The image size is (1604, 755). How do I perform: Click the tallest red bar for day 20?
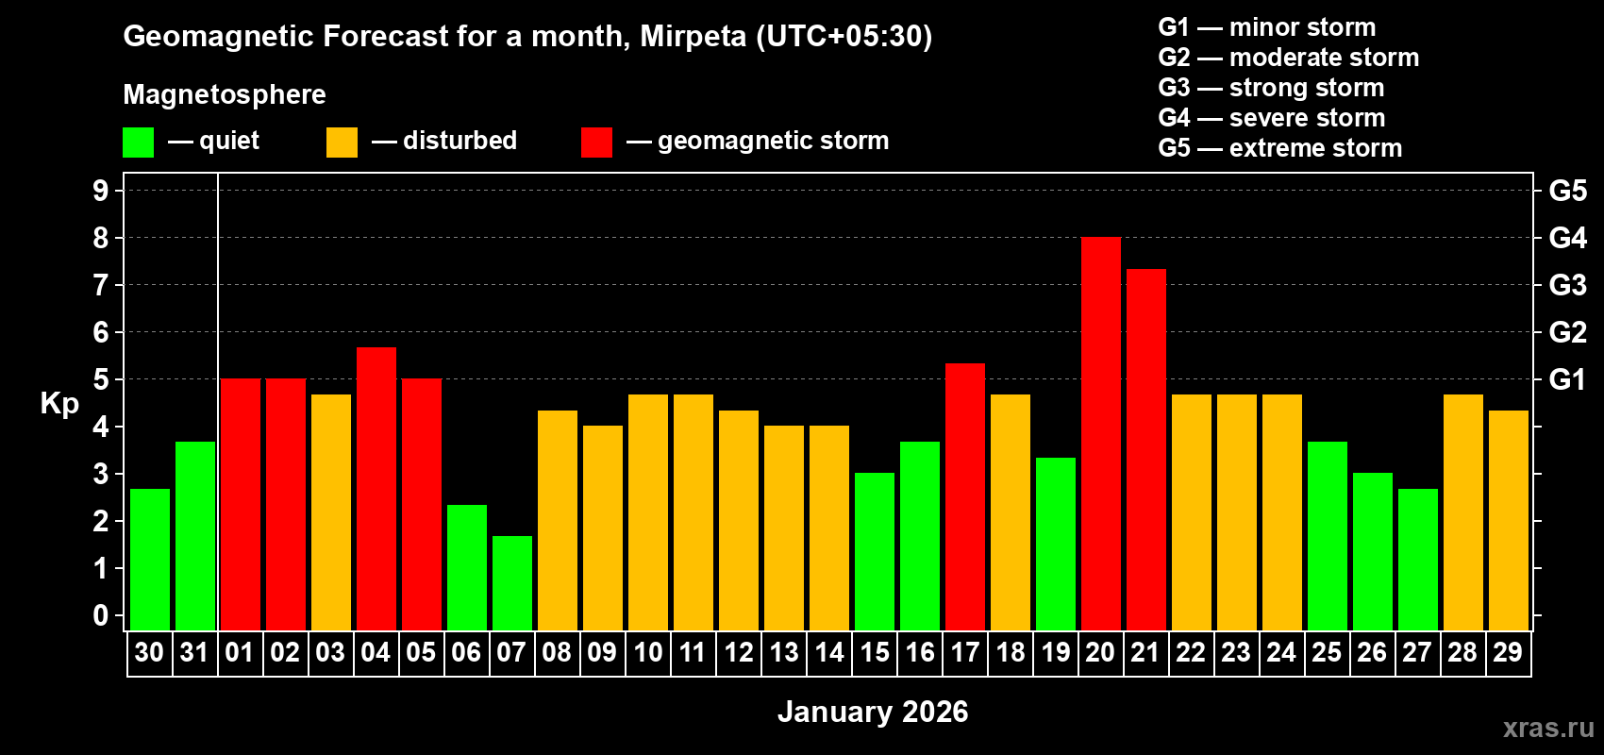tap(1101, 434)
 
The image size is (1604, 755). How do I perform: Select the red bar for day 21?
tap(1146, 450)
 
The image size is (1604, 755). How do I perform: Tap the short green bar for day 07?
tap(512, 583)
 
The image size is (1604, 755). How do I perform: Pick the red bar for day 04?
tap(376, 489)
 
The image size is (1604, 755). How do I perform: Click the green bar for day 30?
tap(150, 560)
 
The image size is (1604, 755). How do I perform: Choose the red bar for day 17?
tap(965, 497)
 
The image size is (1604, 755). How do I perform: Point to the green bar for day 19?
tap(1056, 545)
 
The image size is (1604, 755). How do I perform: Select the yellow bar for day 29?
tap(1509, 521)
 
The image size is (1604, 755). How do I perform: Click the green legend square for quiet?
tap(139, 143)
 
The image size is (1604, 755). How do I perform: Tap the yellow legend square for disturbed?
tap(342, 143)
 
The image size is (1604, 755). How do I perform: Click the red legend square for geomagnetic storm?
tap(596, 143)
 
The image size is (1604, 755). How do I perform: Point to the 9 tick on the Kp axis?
tap(101, 191)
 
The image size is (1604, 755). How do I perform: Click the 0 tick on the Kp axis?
tap(101, 616)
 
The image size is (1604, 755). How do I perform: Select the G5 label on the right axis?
tap(1567, 191)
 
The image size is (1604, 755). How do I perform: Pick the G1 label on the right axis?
tap(1567, 379)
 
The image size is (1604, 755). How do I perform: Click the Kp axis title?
tap(59, 404)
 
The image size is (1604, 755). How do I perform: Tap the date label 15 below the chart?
tap(875, 652)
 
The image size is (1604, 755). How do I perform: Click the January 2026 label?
tap(873, 712)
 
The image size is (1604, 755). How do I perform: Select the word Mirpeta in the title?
tap(693, 36)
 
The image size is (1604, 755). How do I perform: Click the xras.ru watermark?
tap(1548, 727)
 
